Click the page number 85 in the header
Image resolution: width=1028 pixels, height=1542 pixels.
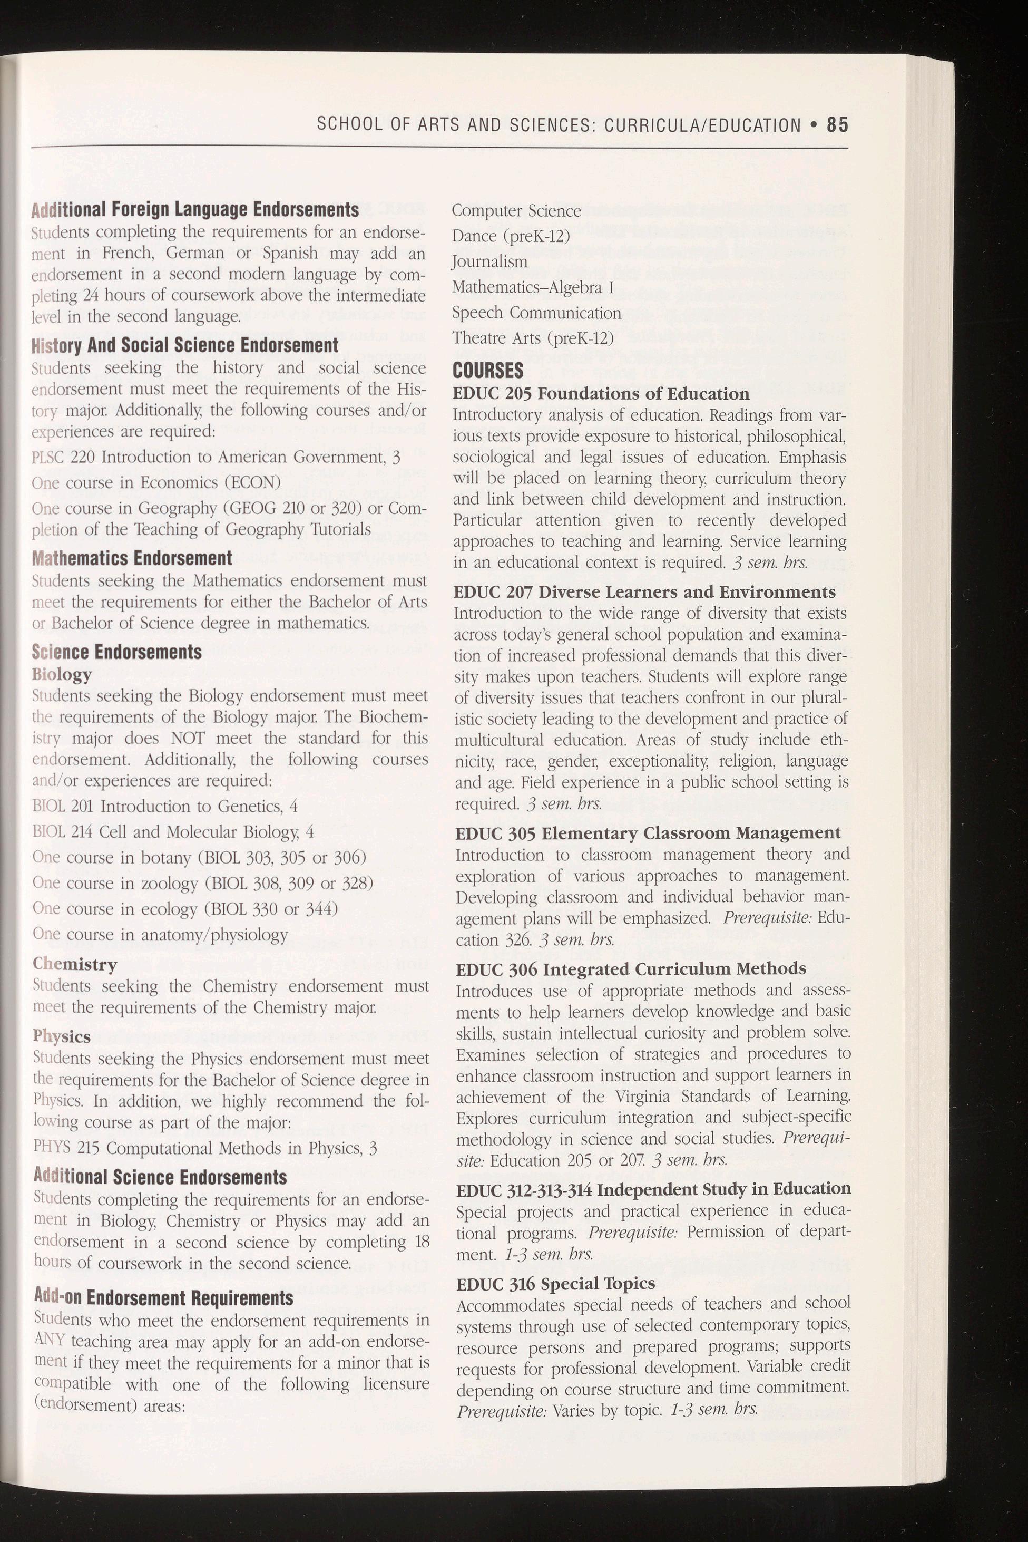[x=837, y=124]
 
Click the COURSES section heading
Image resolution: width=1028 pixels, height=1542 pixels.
[x=488, y=370]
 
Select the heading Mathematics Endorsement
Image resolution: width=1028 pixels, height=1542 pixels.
[x=132, y=558]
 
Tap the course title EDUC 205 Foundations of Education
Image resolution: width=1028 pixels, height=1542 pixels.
[x=601, y=393]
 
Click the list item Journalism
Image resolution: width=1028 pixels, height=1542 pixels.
[x=489, y=261]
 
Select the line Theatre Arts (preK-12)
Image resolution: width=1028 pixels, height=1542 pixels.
[x=532, y=338]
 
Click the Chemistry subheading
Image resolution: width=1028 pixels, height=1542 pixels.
[x=75, y=964]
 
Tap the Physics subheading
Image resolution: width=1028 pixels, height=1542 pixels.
[x=62, y=1036]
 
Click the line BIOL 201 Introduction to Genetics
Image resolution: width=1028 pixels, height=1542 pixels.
[x=165, y=806]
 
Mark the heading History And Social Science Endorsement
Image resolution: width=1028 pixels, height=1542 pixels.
[x=185, y=345]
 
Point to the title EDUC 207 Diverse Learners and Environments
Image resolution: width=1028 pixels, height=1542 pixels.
[x=645, y=592]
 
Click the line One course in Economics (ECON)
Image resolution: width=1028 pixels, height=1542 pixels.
[x=156, y=483]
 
